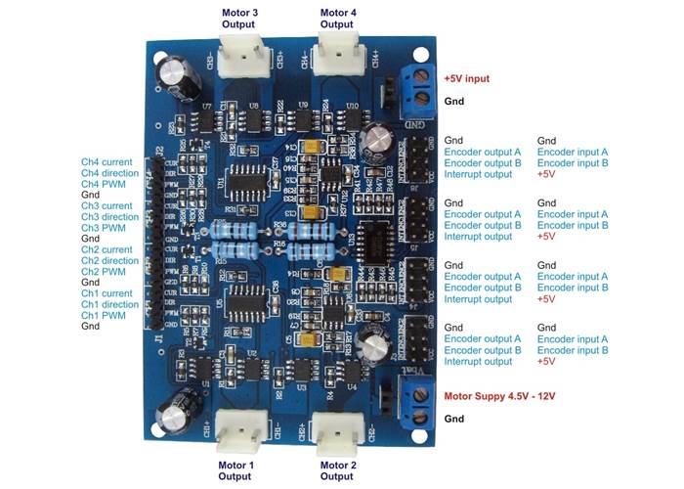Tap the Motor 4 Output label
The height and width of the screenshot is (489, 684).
point(337,18)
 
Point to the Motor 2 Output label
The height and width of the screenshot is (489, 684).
point(337,470)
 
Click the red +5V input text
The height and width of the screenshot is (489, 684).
point(467,77)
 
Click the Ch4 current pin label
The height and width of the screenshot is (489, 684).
point(107,161)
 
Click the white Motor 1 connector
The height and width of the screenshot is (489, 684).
point(237,426)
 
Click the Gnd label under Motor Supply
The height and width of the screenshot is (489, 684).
point(454,418)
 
